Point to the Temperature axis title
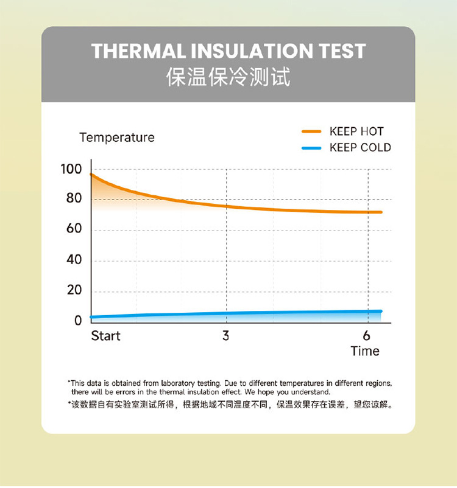117,138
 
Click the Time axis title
365,351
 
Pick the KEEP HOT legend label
356,131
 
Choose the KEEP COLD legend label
360,147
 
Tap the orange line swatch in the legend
311,131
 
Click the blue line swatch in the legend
311,147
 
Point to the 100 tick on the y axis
71,169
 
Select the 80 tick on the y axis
74,198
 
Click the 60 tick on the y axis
74,229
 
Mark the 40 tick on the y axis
74,260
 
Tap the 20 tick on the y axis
74,290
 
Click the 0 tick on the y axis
77,321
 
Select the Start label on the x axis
105,336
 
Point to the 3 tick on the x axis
226,336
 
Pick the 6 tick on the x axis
366,336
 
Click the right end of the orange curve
381,212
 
